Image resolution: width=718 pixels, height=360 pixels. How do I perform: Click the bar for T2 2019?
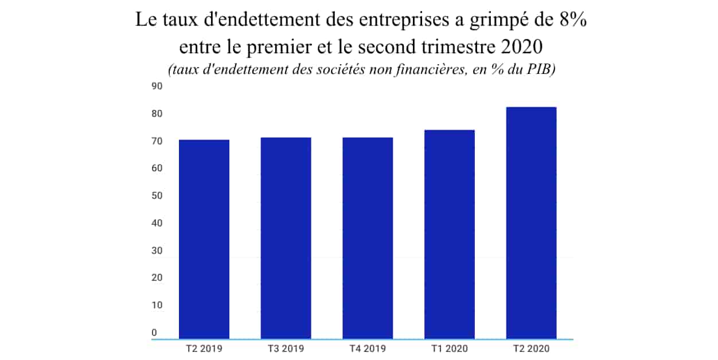point(204,239)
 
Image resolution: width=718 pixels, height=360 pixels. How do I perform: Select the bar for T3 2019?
point(286,238)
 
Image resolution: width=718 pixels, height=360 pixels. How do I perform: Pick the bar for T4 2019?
point(368,238)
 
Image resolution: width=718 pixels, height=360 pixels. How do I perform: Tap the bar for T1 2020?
point(450,234)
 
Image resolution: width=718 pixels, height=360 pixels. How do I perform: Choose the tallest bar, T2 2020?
point(532,223)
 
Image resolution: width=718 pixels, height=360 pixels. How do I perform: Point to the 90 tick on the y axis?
point(157,86)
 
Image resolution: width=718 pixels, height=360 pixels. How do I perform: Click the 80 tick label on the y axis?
point(157,114)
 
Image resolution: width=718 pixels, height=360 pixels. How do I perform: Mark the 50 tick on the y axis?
point(157,195)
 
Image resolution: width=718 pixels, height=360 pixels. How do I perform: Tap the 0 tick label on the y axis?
point(154,333)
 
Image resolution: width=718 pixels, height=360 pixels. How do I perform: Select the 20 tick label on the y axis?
point(157,277)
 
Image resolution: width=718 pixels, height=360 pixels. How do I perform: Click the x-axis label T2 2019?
point(204,349)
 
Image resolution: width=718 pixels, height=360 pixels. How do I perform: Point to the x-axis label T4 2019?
point(368,349)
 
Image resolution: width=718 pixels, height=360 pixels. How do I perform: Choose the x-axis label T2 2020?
point(532,349)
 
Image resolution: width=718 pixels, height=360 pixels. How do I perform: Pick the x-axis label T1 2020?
point(450,349)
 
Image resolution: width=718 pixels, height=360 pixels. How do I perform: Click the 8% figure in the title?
point(573,19)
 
